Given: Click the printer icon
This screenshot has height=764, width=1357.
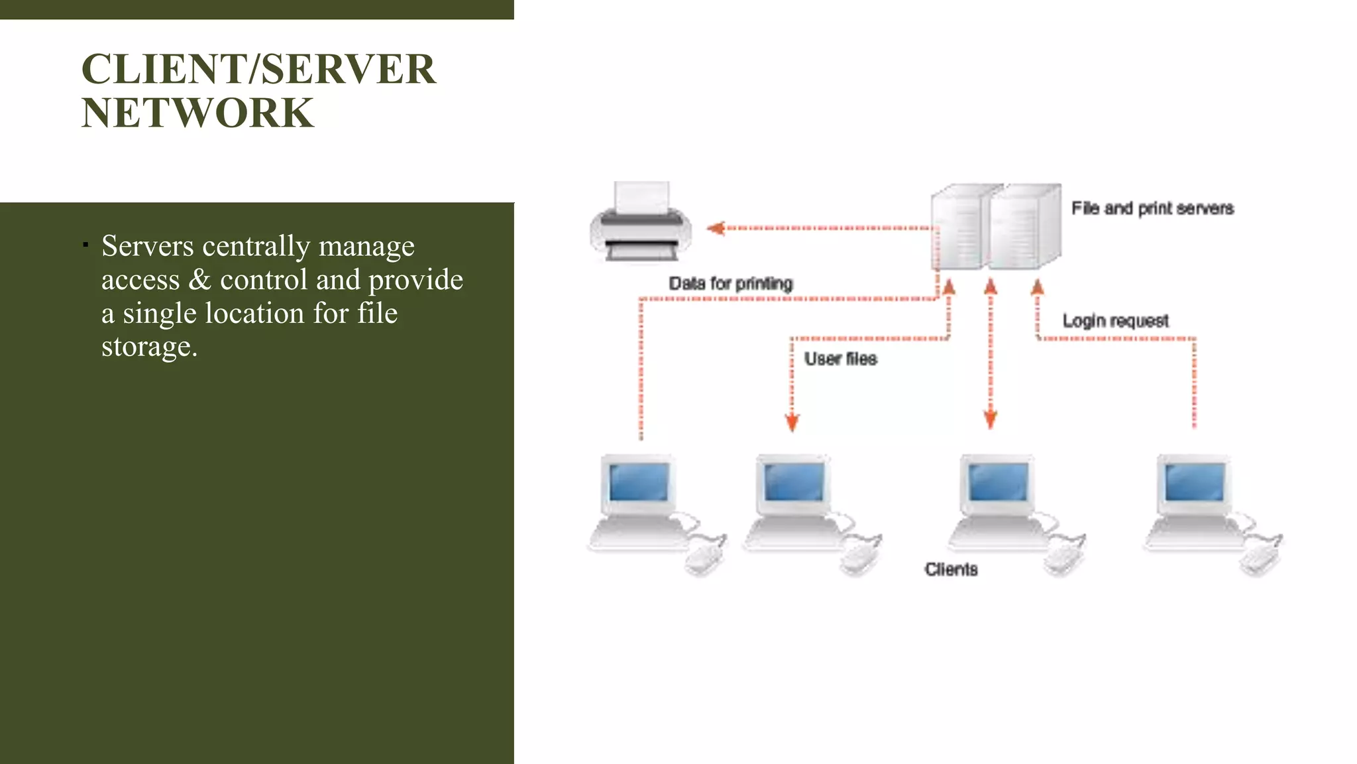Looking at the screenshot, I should pos(641,222).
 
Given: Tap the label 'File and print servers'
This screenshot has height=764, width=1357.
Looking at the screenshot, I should pos(1152,208).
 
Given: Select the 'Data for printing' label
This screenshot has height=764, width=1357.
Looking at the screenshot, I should pos(730,283).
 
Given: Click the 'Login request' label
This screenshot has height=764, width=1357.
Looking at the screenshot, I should pos(1115,321).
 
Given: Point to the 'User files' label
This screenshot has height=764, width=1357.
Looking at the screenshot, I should pos(840,359).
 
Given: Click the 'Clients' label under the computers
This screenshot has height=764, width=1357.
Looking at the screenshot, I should pos(951,569).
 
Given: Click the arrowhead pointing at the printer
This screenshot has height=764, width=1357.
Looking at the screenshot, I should pos(716,228).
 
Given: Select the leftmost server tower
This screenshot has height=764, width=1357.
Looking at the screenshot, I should pos(957,227).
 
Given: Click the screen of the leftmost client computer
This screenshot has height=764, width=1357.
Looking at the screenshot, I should pos(639,482).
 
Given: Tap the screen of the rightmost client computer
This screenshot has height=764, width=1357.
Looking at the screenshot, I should pos(1194,482).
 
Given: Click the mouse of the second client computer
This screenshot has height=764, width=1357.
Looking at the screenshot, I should pos(858,558).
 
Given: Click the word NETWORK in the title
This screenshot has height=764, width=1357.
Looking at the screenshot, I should pos(197,113).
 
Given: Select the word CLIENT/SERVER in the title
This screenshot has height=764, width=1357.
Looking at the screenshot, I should pos(258,69).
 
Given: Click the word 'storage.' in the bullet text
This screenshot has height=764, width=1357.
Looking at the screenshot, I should pos(149,346).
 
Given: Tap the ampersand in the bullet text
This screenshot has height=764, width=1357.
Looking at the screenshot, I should pos(199,279).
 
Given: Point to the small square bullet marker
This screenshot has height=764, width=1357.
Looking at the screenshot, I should pos(85,245).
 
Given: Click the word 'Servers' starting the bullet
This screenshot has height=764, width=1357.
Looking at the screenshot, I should pos(147,245).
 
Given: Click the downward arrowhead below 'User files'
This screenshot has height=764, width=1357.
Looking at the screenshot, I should pos(792,422).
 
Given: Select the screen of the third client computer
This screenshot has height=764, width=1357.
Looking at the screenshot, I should pos(997,482).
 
